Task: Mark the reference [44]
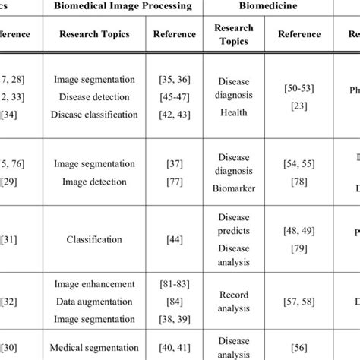(174, 239)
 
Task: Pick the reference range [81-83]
(174, 283)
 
